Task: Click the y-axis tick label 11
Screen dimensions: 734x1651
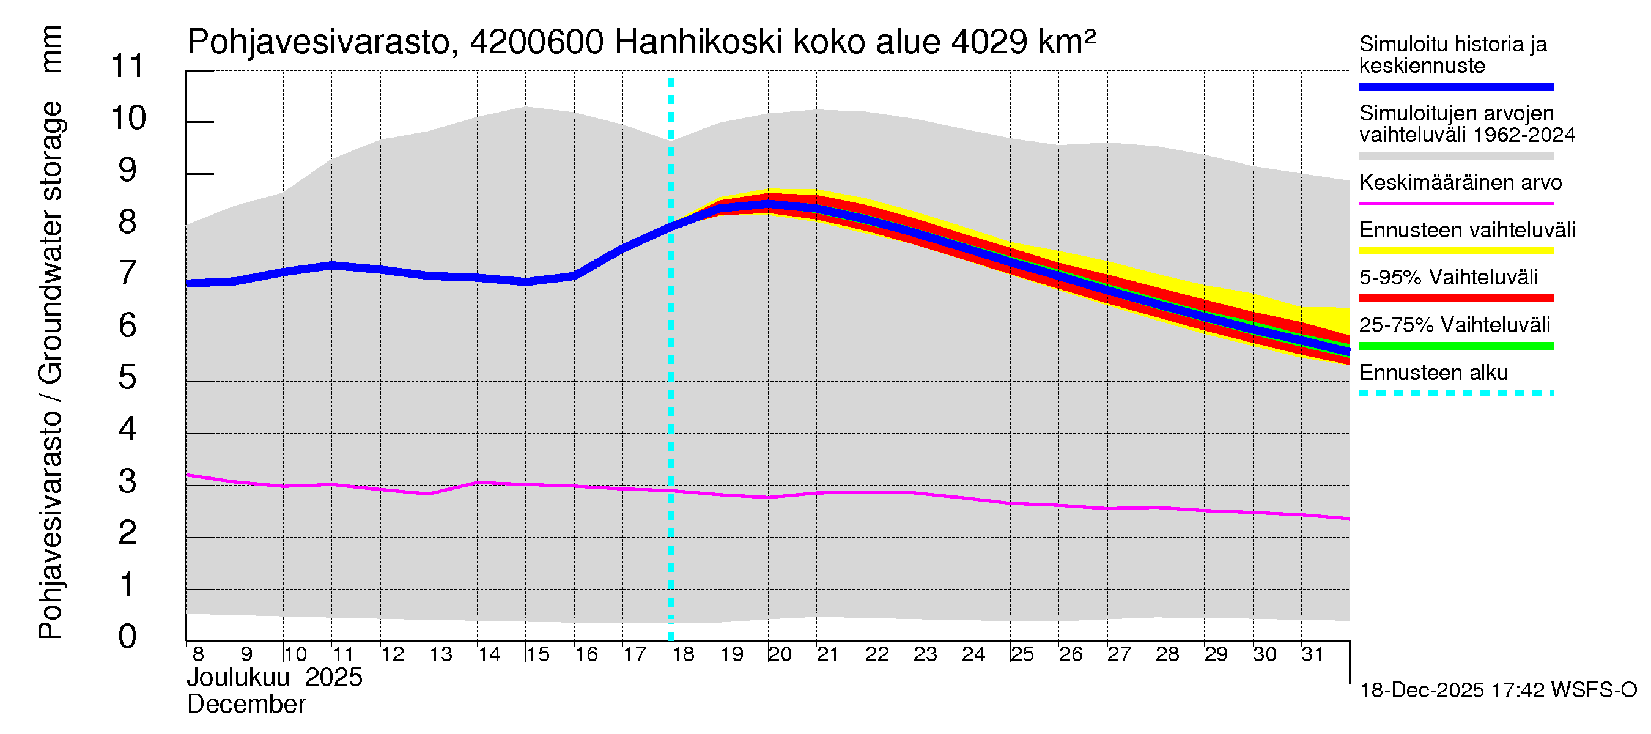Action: (128, 66)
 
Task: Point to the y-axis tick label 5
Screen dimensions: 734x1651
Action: (128, 377)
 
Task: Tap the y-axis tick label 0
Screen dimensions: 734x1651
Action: (128, 637)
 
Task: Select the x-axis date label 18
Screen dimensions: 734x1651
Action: (683, 654)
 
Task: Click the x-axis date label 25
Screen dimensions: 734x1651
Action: (1022, 654)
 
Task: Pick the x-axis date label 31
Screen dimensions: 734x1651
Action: (1313, 654)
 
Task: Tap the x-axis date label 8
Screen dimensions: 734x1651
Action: (198, 654)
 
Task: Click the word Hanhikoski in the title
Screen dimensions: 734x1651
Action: (698, 42)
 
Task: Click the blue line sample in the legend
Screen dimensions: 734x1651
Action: (1455, 86)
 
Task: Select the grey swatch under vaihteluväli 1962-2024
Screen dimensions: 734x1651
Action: (1455, 156)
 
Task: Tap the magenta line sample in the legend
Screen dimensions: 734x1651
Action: (1455, 203)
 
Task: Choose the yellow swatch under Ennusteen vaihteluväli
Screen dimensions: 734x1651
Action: (1455, 251)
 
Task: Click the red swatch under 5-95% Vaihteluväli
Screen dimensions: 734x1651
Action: (1455, 298)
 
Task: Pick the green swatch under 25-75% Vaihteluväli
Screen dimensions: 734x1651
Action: (1455, 346)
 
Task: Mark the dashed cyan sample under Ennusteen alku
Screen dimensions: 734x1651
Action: (1455, 393)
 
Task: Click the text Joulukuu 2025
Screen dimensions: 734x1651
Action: (275, 678)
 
